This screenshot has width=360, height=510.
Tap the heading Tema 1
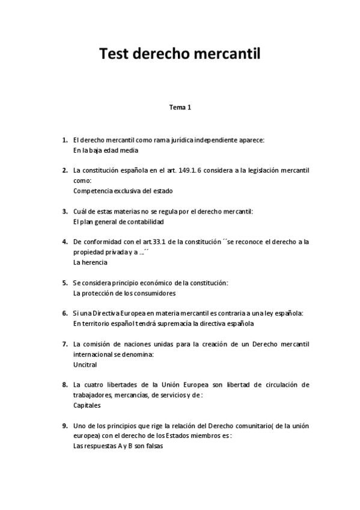(x=180, y=108)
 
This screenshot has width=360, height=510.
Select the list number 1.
(x=64, y=140)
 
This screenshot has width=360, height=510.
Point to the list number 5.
(x=64, y=282)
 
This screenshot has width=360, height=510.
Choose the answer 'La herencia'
(x=90, y=262)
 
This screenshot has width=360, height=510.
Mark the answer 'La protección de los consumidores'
(x=124, y=293)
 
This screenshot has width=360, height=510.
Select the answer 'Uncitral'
(x=85, y=364)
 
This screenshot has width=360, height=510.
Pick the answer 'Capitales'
(x=87, y=405)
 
